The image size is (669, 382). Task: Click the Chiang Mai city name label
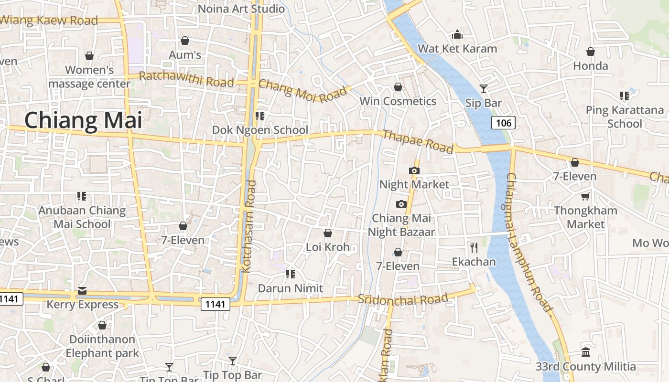point(83,120)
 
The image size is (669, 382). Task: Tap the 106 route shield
point(503,123)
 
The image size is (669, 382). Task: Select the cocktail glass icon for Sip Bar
point(484,89)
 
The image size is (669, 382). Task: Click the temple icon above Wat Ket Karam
point(457,34)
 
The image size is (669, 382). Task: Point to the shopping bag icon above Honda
point(591,52)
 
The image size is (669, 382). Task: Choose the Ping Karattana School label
point(625,117)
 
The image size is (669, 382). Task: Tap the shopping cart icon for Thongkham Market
point(585,196)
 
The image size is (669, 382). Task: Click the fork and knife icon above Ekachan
point(474,247)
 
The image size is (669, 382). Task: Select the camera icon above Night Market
point(414,170)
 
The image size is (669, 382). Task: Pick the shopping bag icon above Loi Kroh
point(328,233)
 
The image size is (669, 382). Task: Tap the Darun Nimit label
point(291,288)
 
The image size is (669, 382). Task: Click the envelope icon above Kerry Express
point(82,290)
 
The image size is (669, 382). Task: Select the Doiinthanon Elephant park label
point(102,346)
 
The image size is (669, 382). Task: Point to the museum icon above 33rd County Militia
point(586,352)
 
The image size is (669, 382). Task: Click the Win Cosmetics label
point(398,101)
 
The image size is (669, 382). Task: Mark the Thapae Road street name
point(417,142)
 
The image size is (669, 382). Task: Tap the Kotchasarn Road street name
point(249,227)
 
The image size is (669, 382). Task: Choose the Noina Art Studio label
point(241,9)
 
